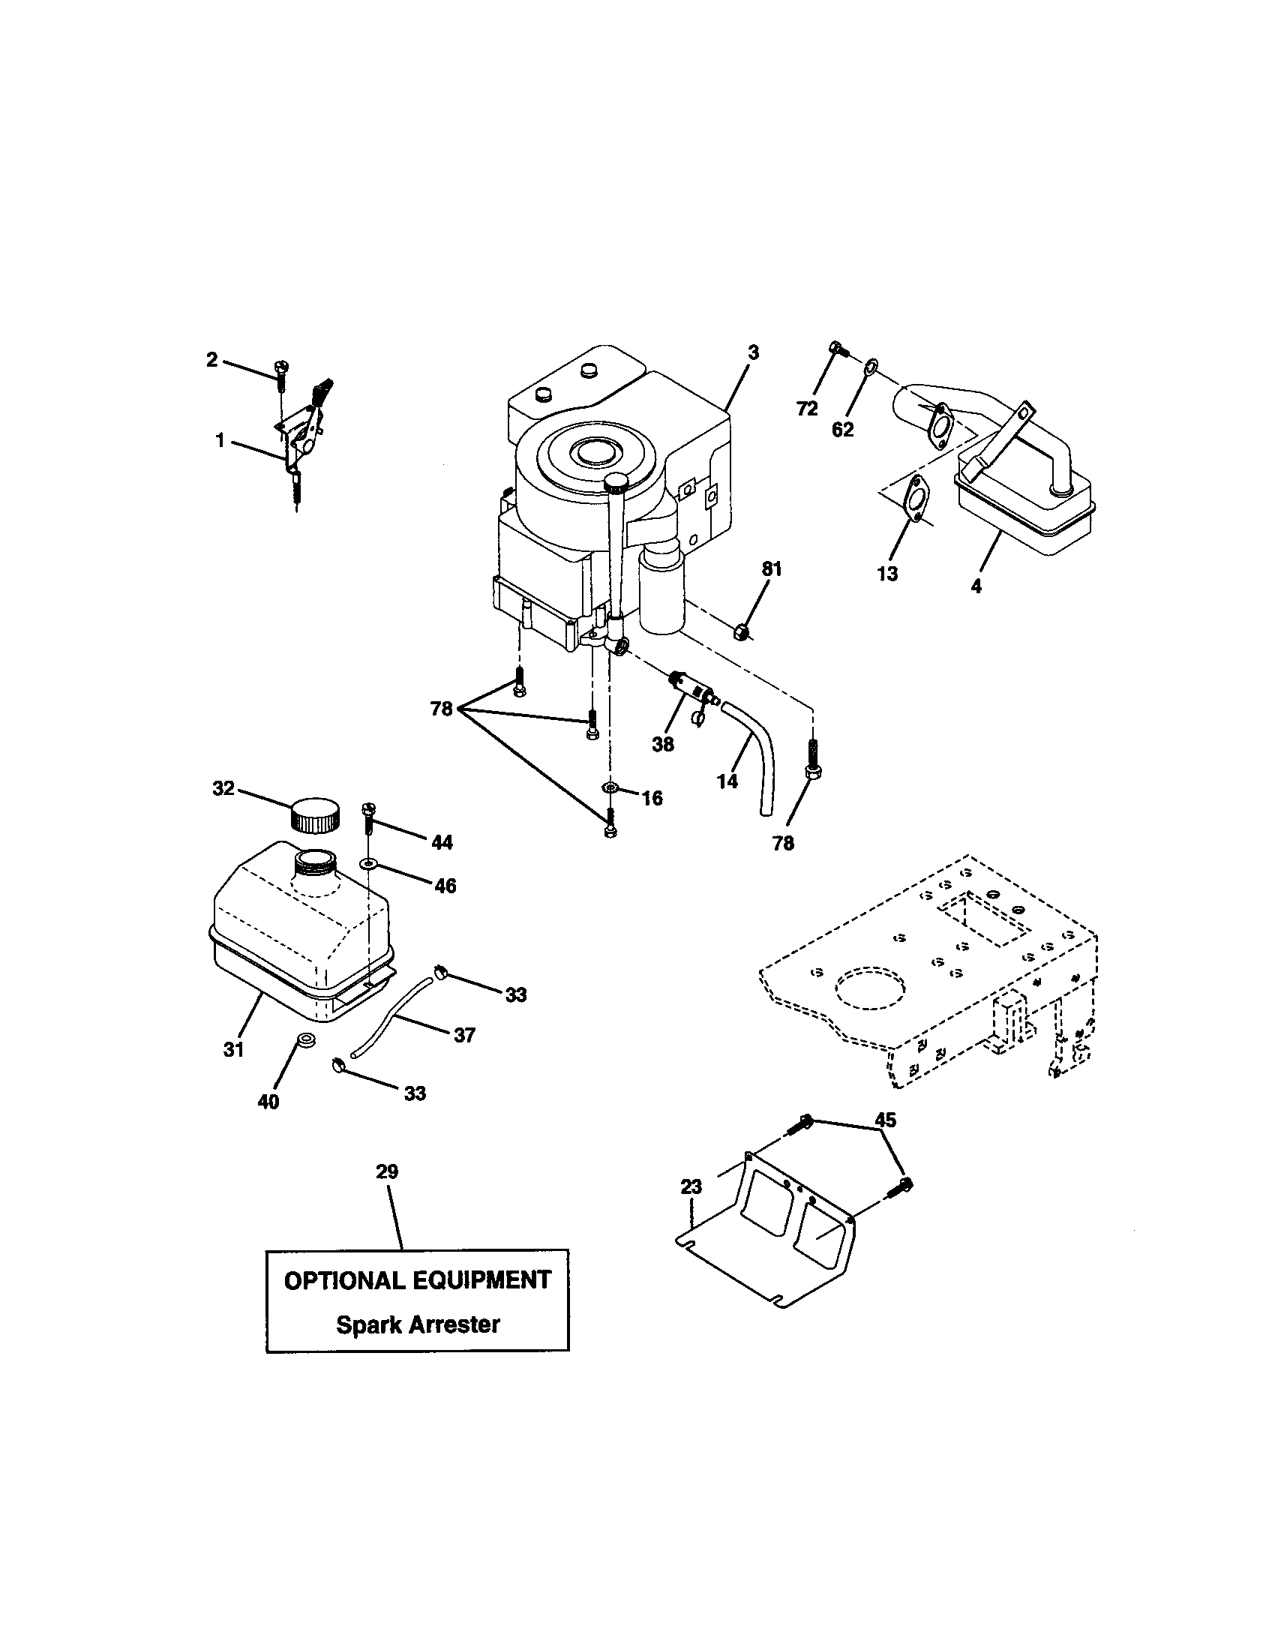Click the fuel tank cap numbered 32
pyautogui.click(x=313, y=814)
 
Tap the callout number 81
pyautogui.click(x=771, y=569)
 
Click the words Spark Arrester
pyautogui.click(x=418, y=1324)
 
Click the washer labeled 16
pyautogui.click(x=610, y=789)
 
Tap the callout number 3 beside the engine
pyautogui.click(x=754, y=352)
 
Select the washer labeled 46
pyautogui.click(x=367, y=862)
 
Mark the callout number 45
pyautogui.click(x=884, y=1120)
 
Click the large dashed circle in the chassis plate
pyautogui.click(x=869, y=988)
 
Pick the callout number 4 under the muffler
pyautogui.click(x=976, y=586)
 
